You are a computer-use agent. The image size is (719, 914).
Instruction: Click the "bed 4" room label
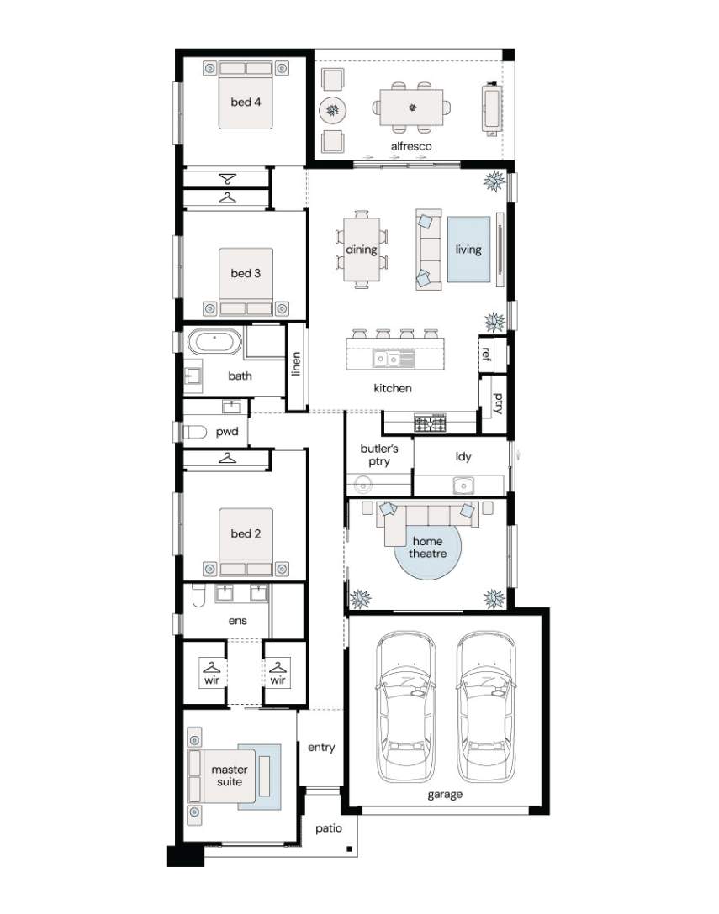[x=246, y=102]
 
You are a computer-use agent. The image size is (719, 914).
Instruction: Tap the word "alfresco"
[x=411, y=146]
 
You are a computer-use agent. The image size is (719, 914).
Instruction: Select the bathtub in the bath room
[x=214, y=342]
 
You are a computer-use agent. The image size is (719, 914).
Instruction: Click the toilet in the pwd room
[x=195, y=433]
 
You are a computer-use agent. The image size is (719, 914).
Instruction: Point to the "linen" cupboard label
[x=297, y=364]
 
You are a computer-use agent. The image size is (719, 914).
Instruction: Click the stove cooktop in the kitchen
[x=430, y=423]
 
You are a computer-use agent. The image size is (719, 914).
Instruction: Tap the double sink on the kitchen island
[x=394, y=359]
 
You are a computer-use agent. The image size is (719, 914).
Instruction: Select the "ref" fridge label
[x=486, y=354]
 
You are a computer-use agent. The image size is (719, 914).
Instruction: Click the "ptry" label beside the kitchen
[x=498, y=403]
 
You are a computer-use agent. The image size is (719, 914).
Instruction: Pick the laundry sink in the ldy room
[x=463, y=485]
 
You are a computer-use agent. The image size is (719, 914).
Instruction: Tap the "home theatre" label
[x=428, y=548]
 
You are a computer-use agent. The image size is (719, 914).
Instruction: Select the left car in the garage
[x=406, y=707]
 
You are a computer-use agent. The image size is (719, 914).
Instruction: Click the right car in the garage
[x=486, y=707]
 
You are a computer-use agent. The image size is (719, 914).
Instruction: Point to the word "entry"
[x=321, y=748]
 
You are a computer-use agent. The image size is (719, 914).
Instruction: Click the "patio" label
[x=329, y=829]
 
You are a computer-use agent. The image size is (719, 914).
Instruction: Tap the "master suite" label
[x=230, y=776]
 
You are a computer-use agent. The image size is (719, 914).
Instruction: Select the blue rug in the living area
[x=468, y=250]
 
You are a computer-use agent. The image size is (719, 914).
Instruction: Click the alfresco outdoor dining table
[x=411, y=108]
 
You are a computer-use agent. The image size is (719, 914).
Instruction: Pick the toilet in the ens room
[x=198, y=596]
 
